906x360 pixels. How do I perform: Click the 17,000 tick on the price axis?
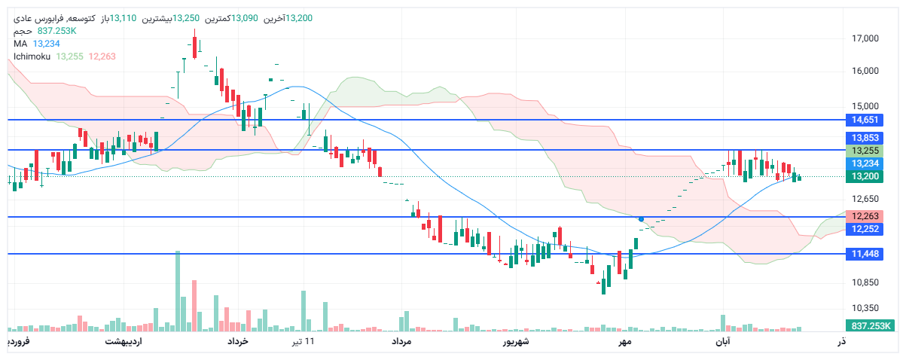[865, 38]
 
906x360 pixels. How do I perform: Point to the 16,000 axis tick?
[865, 72]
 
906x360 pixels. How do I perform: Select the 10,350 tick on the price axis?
[865, 308]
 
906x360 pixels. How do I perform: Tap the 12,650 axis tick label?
[865, 199]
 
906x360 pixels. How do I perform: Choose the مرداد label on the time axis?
[401, 342]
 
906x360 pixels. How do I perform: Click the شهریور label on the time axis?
[517, 342]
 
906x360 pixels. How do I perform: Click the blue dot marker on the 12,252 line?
[641, 218]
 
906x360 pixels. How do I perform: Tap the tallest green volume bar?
[178, 291]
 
